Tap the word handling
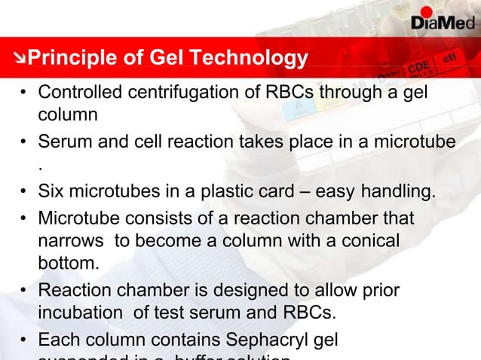pos(401,193)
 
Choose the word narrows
pos(67,242)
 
